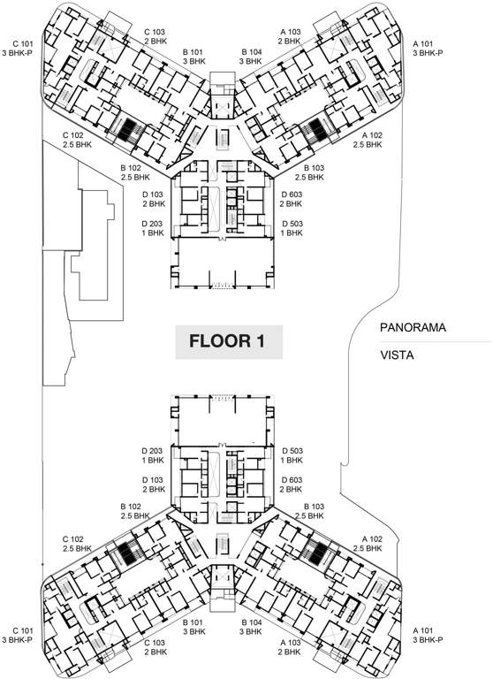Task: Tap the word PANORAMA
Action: click(413, 327)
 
